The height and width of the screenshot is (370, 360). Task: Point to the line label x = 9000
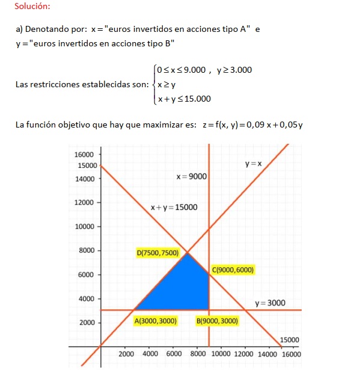(x=191, y=176)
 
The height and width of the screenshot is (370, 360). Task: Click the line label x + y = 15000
(x=173, y=208)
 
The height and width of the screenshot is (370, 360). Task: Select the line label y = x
(x=253, y=164)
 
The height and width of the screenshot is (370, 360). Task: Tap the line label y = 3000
(x=270, y=303)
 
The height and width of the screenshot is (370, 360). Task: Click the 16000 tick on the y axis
(x=84, y=155)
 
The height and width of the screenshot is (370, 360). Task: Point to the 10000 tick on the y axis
(x=84, y=227)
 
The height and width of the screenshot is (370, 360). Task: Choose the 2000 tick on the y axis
(x=87, y=322)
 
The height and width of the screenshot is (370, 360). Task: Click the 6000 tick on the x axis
(x=174, y=354)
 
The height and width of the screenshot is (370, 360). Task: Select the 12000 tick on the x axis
(x=245, y=354)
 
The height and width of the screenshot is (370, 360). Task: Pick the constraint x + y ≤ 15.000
(x=184, y=99)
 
